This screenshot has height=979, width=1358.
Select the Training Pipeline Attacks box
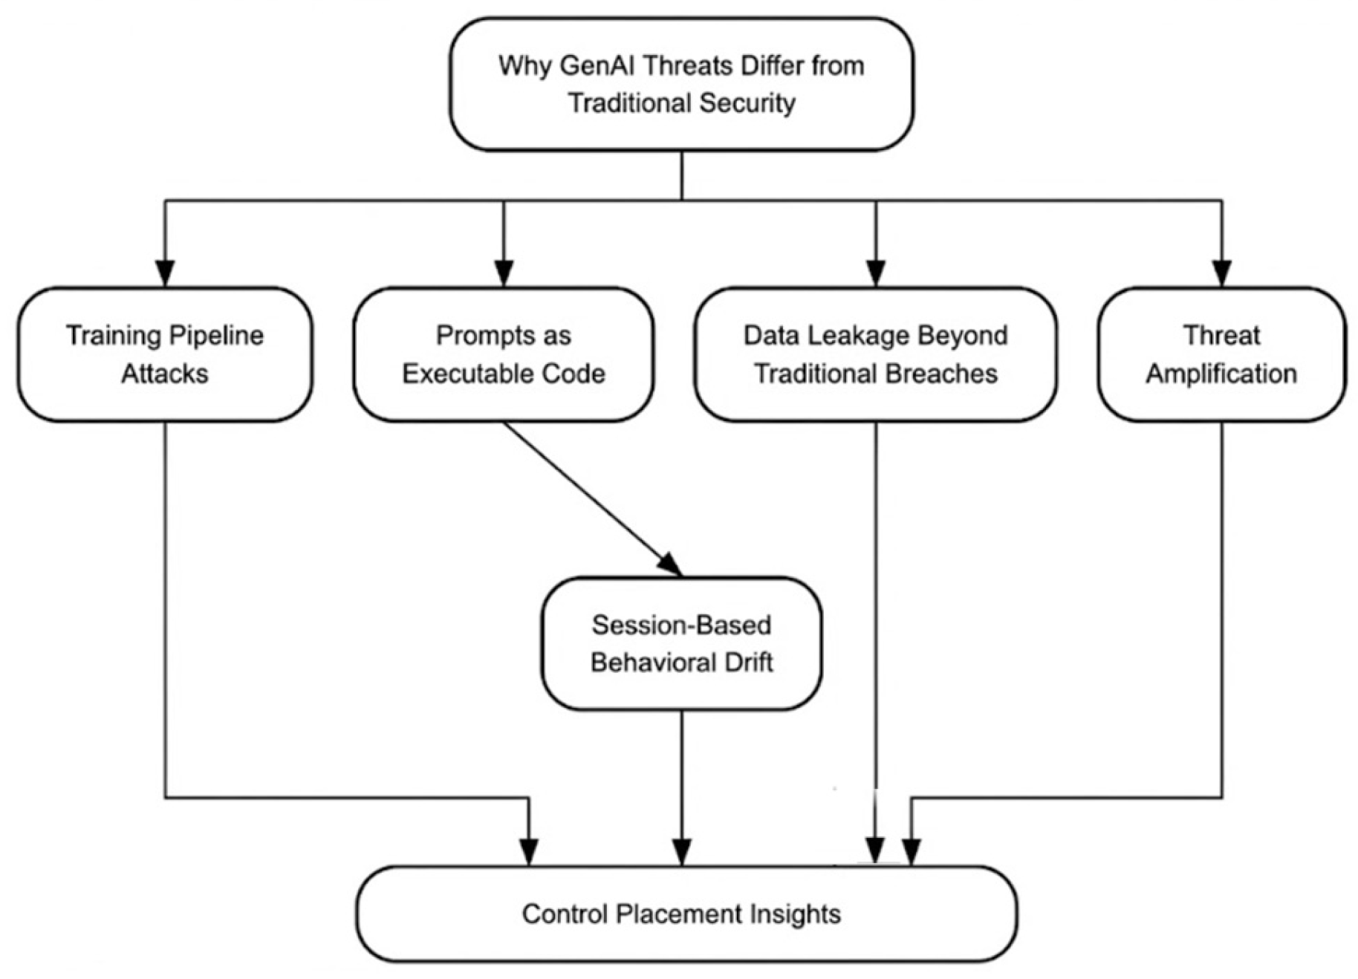point(165,354)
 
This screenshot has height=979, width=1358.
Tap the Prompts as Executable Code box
point(503,354)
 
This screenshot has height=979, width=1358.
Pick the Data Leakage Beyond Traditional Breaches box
point(875,354)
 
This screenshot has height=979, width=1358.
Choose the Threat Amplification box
point(1221,354)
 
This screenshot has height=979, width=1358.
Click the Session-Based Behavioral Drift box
point(681,643)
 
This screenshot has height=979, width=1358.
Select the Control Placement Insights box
point(686,914)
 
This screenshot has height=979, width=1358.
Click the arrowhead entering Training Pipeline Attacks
point(165,273)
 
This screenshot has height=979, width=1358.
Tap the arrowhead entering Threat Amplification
point(1221,273)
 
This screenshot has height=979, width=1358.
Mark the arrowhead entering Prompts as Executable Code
point(504,273)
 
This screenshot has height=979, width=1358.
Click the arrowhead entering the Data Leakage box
point(876,273)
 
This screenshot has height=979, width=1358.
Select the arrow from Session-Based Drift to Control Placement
point(681,787)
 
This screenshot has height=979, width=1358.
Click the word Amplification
point(1221,373)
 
